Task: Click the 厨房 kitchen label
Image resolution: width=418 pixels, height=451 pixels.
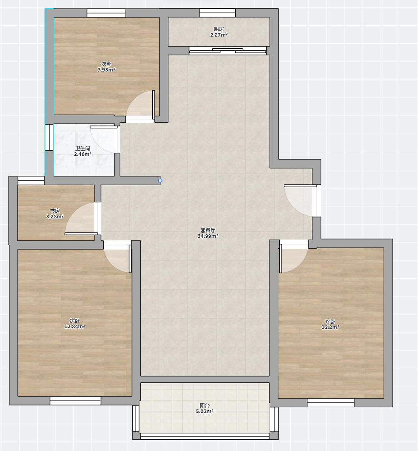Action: click(x=219, y=29)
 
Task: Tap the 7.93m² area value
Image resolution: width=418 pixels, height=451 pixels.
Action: click(x=106, y=69)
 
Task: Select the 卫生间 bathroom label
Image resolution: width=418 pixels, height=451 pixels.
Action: click(x=82, y=148)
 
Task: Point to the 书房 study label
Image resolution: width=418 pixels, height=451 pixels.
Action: click(x=55, y=211)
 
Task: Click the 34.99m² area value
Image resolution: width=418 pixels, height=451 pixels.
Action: click(x=208, y=236)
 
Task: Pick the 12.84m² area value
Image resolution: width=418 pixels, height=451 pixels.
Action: click(x=75, y=327)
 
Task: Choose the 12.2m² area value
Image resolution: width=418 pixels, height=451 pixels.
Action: click(x=330, y=327)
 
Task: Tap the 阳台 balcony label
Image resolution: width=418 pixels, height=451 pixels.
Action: click(x=205, y=405)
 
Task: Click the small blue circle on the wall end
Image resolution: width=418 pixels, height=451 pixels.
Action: click(x=160, y=181)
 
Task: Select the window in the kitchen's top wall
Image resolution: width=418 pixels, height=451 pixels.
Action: click(x=217, y=13)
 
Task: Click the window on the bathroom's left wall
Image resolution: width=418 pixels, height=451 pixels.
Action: click(x=49, y=137)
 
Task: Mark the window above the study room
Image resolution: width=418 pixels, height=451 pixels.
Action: click(x=31, y=181)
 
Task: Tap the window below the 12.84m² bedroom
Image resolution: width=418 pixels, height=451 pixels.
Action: click(x=75, y=401)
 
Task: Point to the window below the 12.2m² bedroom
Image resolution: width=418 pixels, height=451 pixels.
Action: click(x=331, y=403)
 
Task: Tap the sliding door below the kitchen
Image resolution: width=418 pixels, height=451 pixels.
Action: click(x=228, y=51)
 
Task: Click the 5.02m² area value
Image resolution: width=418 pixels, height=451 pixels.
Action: click(x=205, y=411)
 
